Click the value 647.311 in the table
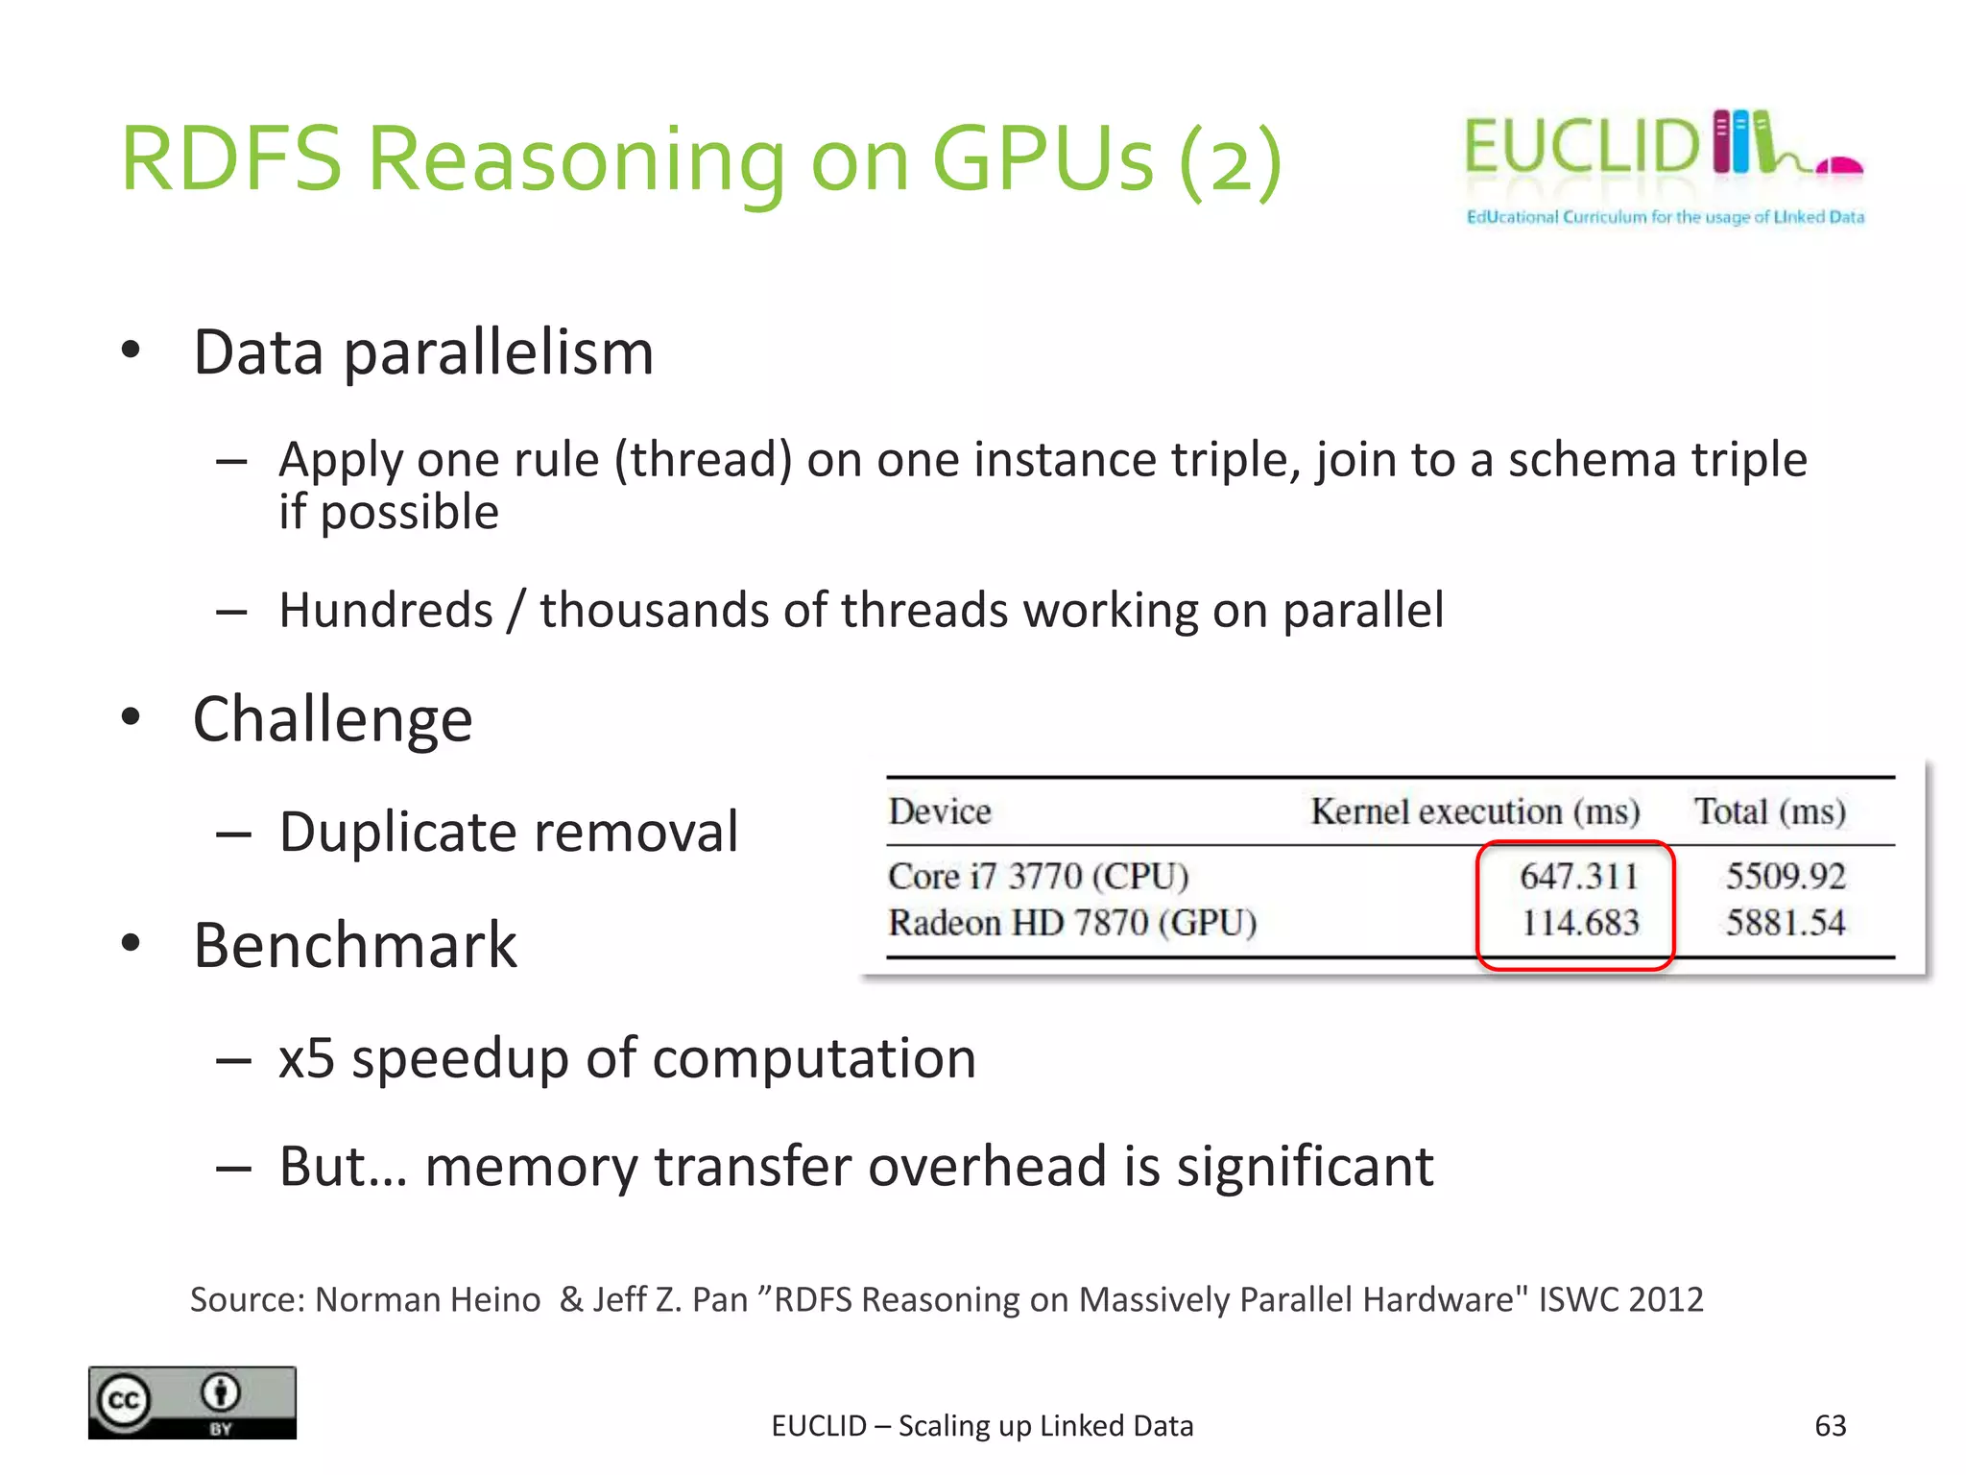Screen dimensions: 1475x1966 pyautogui.click(x=1578, y=876)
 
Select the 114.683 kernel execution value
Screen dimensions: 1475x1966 pyautogui.click(x=1580, y=923)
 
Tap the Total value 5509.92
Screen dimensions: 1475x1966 pyautogui.click(x=1786, y=876)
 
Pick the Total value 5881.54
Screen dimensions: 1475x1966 pyautogui.click(x=1786, y=923)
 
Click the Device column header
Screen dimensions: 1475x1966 pyautogui.click(x=939, y=811)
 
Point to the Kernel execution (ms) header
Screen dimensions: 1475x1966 pyautogui.click(x=1474, y=811)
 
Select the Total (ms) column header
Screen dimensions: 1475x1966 pyautogui.click(x=1769, y=811)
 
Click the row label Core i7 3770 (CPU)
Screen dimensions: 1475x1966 pyautogui.click(x=1038, y=876)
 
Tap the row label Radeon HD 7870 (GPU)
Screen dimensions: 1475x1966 pyautogui.click(x=1072, y=923)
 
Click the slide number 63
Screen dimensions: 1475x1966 pyautogui.click(x=1830, y=1425)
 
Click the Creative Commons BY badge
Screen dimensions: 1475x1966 pyautogui.click(x=192, y=1402)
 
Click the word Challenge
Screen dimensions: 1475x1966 pyautogui.click(x=332, y=719)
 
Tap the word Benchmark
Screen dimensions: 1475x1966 pyautogui.click(x=354, y=946)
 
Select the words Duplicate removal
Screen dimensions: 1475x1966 pyautogui.click(x=509, y=832)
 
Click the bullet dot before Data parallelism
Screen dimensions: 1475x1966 pyautogui.click(x=132, y=350)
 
